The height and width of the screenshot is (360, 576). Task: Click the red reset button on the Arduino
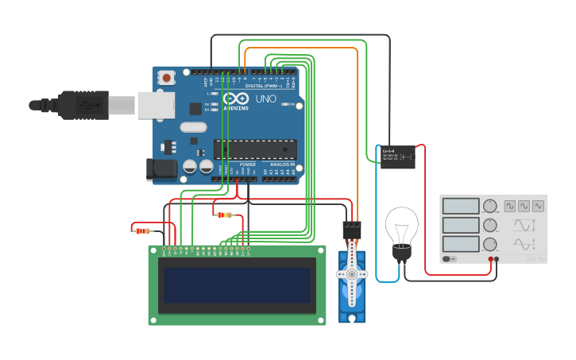tap(167, 78)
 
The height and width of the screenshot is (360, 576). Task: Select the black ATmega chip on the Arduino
tap(254, 149)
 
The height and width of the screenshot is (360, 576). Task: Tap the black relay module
tap(397, 157)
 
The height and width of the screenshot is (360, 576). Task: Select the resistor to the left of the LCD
tap(143, 231)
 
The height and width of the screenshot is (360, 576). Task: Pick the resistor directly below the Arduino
tap(224, 215)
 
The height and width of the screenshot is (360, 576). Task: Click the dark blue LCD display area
tap(236, 285)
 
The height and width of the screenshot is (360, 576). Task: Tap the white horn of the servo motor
tap(351, 275)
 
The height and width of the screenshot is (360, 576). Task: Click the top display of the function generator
tap(461, 206)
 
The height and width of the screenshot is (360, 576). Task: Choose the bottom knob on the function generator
tap(490, 244)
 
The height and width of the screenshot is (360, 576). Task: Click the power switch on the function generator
tap(450, 259)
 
